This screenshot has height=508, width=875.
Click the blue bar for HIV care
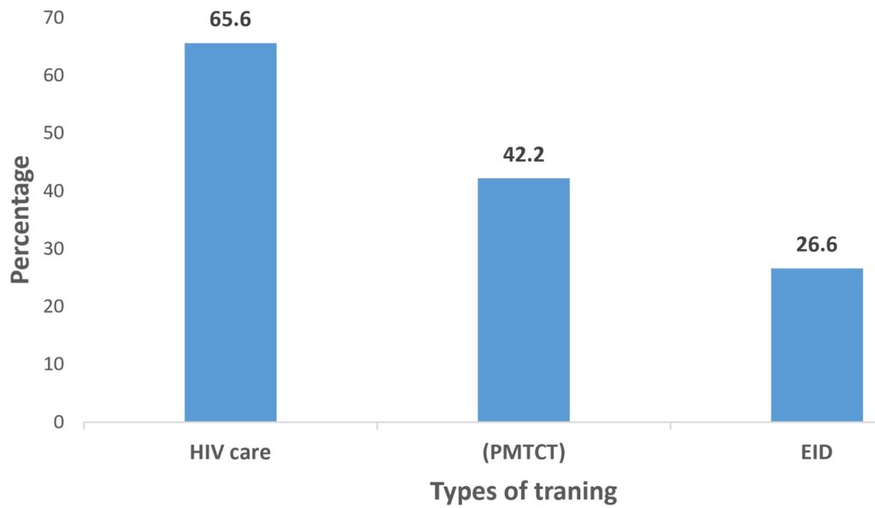click(x=231, y=233)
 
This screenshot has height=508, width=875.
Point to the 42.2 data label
click(x=523, y=156)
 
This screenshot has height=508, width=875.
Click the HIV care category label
click(x=231, y=452)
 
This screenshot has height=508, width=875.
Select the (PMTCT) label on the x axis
click(x=523, y=452)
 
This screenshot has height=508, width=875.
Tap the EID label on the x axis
click(x=816, y=452)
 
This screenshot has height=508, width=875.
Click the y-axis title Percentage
click(x=23, y=221)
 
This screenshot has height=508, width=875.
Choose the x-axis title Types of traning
click(x=523, y=492)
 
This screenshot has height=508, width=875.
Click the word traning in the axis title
click(x=574, y=492)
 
